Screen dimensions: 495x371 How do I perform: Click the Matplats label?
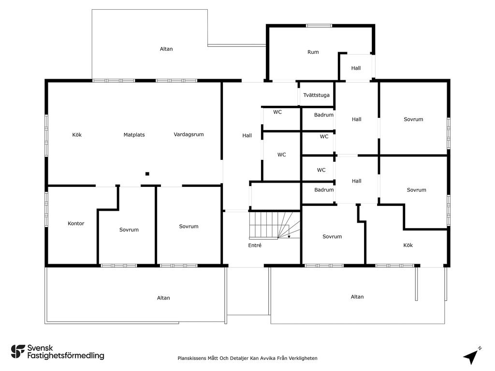tap(134, 135)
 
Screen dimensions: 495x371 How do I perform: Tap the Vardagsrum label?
tap(189, 134)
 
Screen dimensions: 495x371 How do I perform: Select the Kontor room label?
tap(76, 223)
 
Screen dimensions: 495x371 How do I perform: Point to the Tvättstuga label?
tap(316, 95)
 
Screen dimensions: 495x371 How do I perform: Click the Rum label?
tap(313, 52)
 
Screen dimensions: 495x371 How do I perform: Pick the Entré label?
tap(255, 245)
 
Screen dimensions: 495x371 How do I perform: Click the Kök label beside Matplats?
tap(77, 135)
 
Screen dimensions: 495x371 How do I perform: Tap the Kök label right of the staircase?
tap(408, 245)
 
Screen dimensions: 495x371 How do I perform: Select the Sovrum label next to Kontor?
tap(129, 229)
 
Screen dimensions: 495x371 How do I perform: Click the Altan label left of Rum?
tap(166, 49)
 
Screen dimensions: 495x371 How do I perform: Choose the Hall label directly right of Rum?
tap(356, 68)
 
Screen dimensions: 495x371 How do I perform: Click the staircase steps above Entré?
tap(275, 225)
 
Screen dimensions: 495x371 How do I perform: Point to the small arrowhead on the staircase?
tap(289, 236)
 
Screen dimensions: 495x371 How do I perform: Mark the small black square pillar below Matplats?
tap(147, 174)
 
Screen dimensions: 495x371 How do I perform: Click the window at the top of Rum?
tap(319, 26)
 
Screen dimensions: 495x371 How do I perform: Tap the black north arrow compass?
tap(470, 357)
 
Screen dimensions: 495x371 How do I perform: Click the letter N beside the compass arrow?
tap(480, 348)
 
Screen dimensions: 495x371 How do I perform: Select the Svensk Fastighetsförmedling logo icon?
tap(18, 352)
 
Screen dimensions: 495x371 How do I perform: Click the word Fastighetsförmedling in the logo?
tap(66, 356)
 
